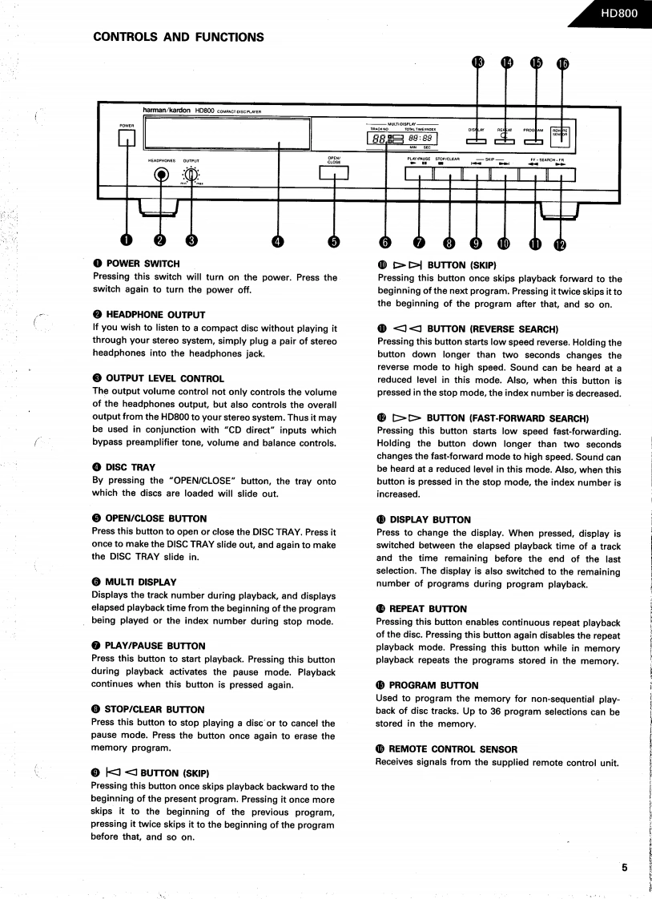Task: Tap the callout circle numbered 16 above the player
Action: tap(562, 65)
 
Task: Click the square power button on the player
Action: tap(127, 139)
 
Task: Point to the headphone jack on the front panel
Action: tap(163, 175)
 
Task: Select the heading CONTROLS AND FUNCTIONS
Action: tap(178, 37)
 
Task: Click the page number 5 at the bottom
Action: tap(624, 867)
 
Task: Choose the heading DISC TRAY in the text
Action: tap(131, 467)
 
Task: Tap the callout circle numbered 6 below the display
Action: tap(384, 242)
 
